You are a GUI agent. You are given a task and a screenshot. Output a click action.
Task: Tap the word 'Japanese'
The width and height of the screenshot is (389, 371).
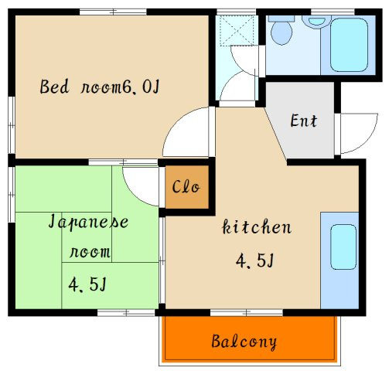[x=88, y=222]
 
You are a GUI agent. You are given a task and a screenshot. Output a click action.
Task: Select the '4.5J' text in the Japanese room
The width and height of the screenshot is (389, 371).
[x=87, y=285]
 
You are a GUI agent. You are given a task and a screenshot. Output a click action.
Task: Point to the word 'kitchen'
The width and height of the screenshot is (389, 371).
[x=257, y=227]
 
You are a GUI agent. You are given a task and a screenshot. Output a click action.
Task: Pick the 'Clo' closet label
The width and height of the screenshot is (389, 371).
[x=186, y=187]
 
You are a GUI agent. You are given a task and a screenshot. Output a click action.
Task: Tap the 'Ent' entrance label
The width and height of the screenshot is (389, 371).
[x=304, y=121]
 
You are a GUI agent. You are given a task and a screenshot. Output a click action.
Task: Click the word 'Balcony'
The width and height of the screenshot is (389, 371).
[x=244, y=341]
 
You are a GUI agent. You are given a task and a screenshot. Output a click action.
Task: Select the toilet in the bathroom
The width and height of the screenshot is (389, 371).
[x=282, y=32]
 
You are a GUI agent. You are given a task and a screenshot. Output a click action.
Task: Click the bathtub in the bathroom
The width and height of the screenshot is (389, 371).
[x=346, y=43]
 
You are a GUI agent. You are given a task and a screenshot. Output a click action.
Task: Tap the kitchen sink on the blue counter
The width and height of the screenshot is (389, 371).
[x=341, y=247]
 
